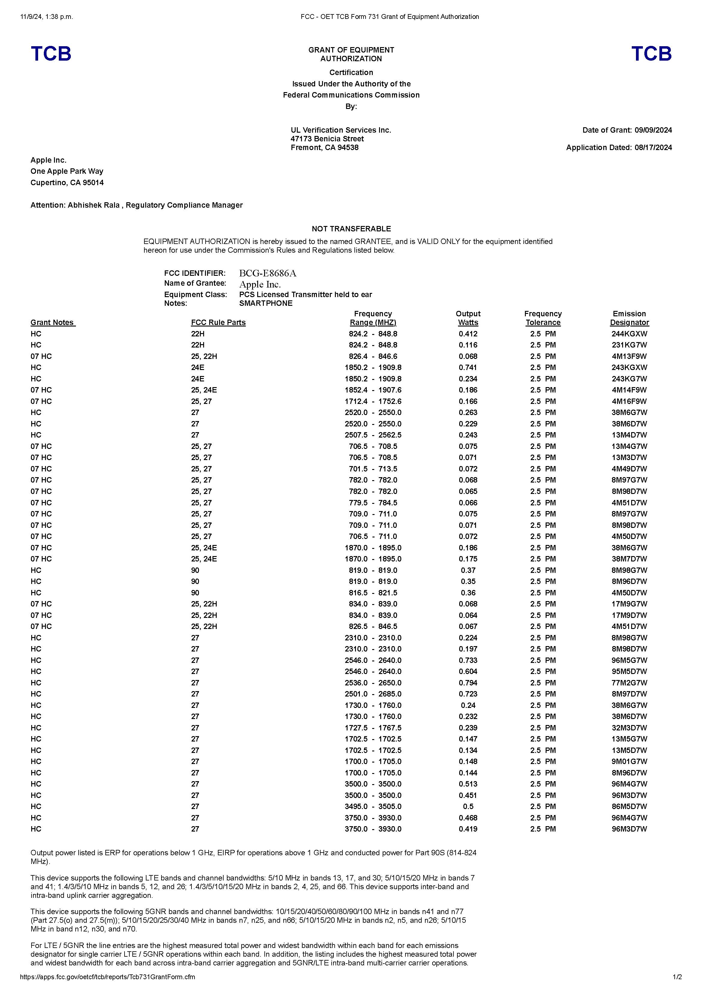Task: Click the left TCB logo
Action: [x=51, y=54]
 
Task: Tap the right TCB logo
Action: [x=651, y=54]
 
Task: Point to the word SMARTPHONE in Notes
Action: [x=266, y=303]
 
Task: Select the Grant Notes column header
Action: [x=53, y=323]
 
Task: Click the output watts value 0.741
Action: [x=468, y=368]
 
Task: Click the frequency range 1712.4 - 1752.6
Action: [x=373, y=401]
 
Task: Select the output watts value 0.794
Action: [x=468, y=683]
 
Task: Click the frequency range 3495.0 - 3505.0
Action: [x=373, y=807]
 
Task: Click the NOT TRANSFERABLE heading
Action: [x=351, y=229]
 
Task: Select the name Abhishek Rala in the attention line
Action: [x=93, y=205]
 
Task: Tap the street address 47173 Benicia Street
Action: [x=327, y=139]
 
